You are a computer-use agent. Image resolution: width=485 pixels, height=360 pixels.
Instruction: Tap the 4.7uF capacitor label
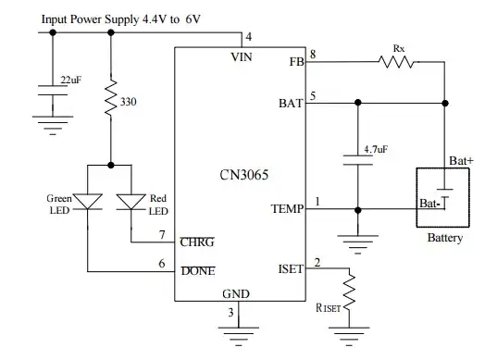[376, 148]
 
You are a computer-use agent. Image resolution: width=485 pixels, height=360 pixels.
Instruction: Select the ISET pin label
[291, 270]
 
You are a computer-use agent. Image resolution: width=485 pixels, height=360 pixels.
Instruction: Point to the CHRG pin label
[197, 243]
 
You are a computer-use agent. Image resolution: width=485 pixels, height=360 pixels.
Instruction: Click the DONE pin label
[197, 271]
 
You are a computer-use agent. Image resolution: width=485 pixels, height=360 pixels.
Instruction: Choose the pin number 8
[313, 55]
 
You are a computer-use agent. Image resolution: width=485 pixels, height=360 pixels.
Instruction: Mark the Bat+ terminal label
[461, 161]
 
